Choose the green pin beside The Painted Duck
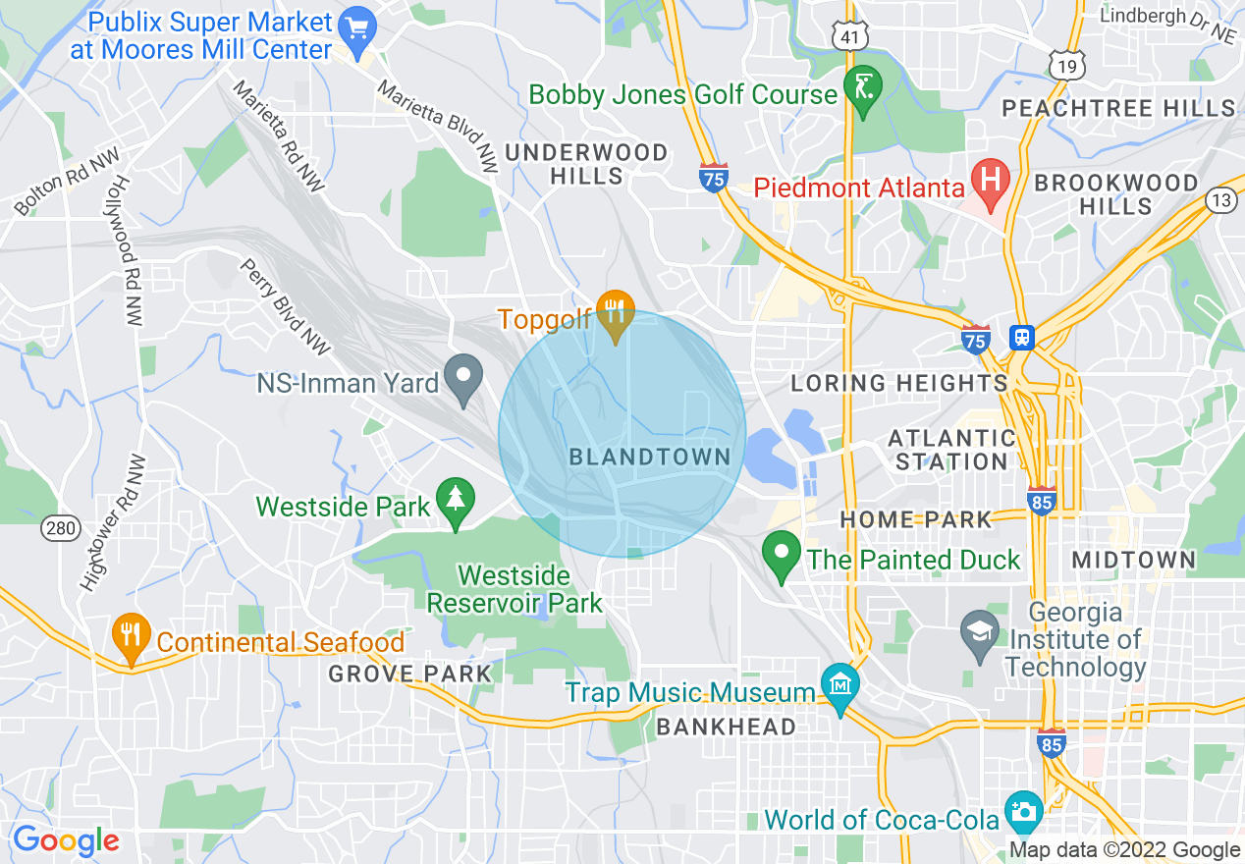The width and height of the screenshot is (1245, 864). pyautogui.click(x=782, y=555)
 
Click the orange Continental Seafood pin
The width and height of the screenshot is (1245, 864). pyautogui.click(x=131, y=637)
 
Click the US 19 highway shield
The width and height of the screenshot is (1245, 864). pyautogui.click(x=1064, y=65)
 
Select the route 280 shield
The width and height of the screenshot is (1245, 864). pyautogui.click(x=60, y=529)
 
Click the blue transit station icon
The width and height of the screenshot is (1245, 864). pyautogui.click(x=1022, y=338)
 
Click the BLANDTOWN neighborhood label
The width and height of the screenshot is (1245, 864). pyautogui.click(x=650, y=457)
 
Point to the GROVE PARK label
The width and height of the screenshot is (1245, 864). pyautogui.click(x=409, y=674)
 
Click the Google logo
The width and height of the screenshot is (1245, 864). pyautogui.click(x=66, y=841)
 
